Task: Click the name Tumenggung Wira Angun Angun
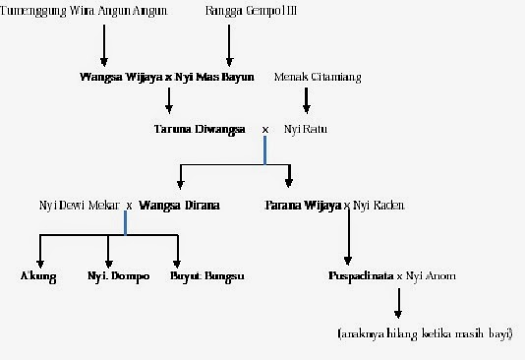point(85,12)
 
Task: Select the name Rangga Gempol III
point(239,12)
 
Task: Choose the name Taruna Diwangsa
point(200,129)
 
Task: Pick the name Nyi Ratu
point(302,129)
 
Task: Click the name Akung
point(38,276)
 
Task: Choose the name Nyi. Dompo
point(118,276)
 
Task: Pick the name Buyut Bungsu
point(206,276)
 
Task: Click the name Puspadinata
point(360,276)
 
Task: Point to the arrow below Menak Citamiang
point(307,98)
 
